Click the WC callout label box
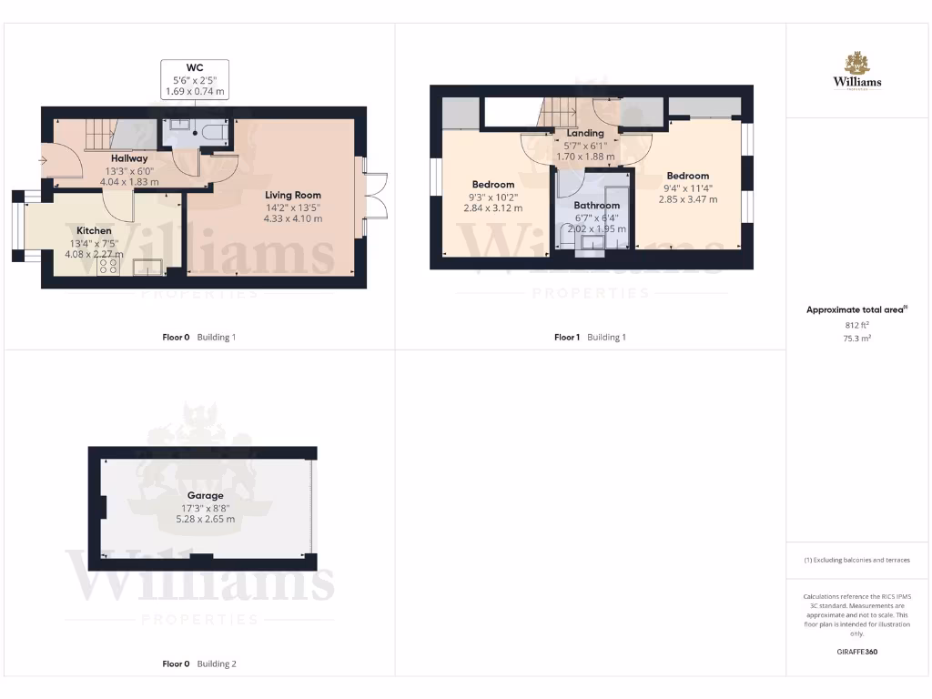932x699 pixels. tap(194, 79)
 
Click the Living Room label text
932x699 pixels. tap(292, 195)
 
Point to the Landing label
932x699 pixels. tap(585, 134)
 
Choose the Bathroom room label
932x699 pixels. tap(596, 206)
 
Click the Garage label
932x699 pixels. tap(206, 496)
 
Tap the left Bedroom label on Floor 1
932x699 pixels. tap(493, 185)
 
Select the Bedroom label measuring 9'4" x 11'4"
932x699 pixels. tap(687, 176)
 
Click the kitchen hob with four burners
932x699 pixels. tap(110, 266)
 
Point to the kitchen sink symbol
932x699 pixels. tap(147, 267)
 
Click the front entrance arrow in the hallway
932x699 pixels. tap(45, 161)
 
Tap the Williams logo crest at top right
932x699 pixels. tap(856, 63)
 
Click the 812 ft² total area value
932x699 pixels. tap(856, 325)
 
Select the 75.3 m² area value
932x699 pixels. tap(856, 338)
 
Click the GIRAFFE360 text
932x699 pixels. tap(856, 652)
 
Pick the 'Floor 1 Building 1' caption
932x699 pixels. tap(590, 338)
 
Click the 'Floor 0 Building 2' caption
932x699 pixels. tap(198, 664)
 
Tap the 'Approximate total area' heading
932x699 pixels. tap(855, 310)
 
